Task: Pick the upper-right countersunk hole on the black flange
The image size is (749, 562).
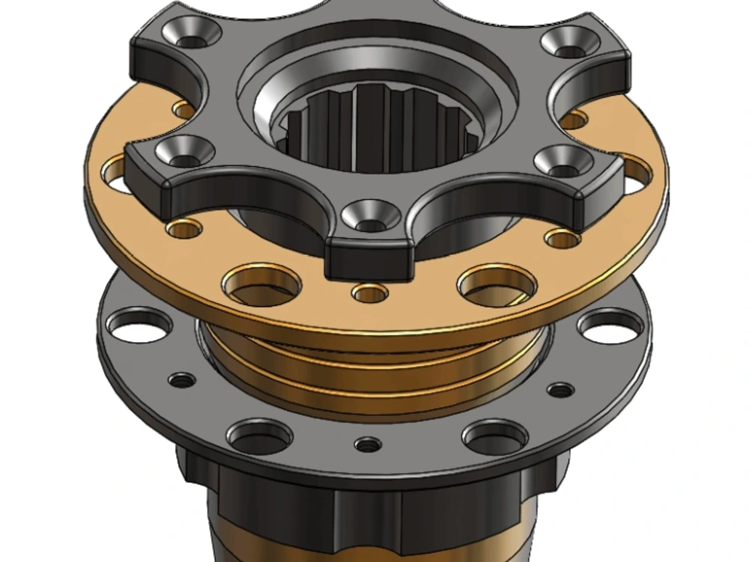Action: [571, 42]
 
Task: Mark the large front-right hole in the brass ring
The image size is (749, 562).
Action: [497, 285]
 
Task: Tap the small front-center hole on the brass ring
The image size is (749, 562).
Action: [370, 293]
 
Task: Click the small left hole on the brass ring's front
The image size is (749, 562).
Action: [184, 227]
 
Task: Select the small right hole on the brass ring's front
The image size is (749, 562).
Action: [562, 239]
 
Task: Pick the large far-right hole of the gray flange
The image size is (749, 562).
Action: [610, 326]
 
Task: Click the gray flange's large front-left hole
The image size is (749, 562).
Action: [259, 436]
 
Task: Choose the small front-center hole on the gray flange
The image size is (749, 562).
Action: [368, 445]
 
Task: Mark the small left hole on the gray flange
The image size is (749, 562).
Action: [181, 380]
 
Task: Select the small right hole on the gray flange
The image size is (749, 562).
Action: [560, 390]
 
